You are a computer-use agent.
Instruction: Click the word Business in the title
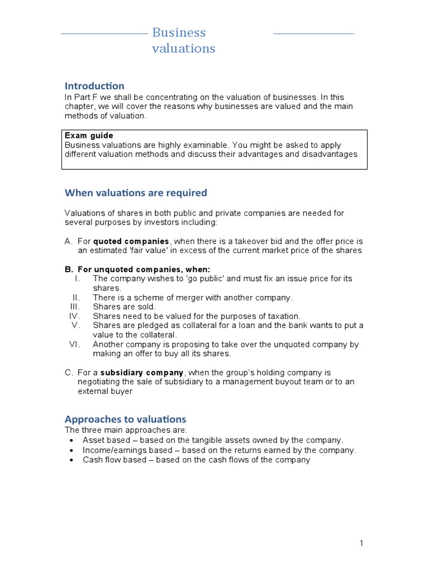coord(179,32)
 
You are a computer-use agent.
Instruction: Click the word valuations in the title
coord(183,49)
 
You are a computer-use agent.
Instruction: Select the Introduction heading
coord(94,86)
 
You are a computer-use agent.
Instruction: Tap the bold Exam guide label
coord(89,136)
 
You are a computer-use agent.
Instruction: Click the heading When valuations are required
coord(136,193)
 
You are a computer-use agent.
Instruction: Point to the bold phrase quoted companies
coord(131,241)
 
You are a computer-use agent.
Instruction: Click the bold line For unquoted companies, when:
coord(137,269)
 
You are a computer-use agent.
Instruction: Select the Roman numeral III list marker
coord(75,307)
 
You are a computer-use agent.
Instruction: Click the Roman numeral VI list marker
coord(75,344)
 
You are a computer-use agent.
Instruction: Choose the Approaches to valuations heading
coord(125,419)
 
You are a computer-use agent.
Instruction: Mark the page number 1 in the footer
coord(362,544)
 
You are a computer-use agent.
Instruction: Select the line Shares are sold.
coord(124,307)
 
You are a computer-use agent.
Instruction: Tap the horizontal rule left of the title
coord(104,34)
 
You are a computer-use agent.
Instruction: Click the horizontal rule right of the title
coord(313,34)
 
